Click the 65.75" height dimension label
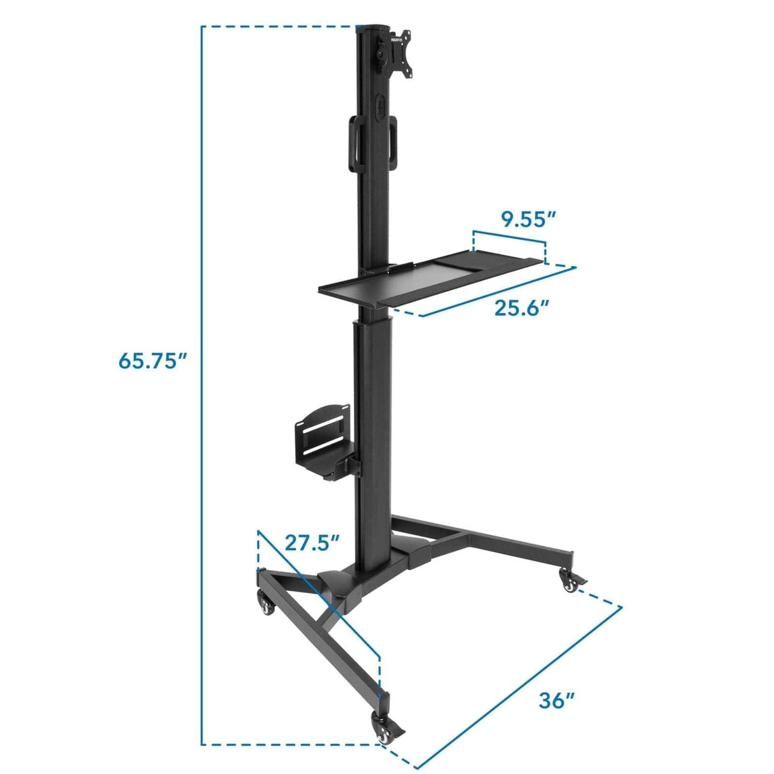tap(152, 361)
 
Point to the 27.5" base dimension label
tap(312, 543)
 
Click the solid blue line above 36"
tap(520, 687)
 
